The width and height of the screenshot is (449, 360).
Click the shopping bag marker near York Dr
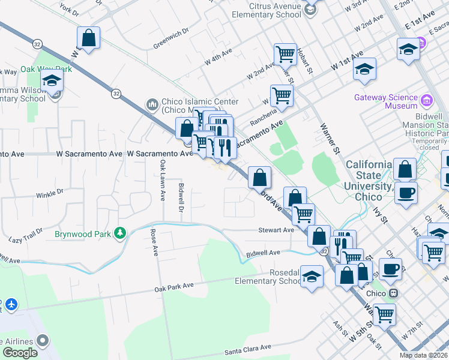pyautogui.click(x=88, y=38)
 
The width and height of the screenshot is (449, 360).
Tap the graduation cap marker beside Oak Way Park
pyautogui.click(x=52, y=80)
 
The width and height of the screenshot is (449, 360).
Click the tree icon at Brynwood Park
pyautogui.click(x=121, y=232)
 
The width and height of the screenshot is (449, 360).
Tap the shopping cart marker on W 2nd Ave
pyautogui.click(x=285, y=55)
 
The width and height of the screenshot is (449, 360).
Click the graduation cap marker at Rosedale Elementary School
pyautogui.click(x=312, y=277)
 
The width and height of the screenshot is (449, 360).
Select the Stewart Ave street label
pyautogui.click(x=276, y=230)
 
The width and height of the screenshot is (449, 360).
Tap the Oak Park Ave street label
pyautogui.click(x=174, y=286)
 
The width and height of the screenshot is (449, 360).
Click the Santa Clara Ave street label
pyautogui.click(x=248, y=349)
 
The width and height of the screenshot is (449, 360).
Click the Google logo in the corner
pyautogui.click(x=19, y=353)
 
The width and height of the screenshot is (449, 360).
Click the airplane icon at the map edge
pyautogui.click(x=10, y=304)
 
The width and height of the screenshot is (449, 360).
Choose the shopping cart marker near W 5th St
pyautogui.click(x=384, y=313)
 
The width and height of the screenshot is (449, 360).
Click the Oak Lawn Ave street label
pyautogui.click(x=162, y=181)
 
